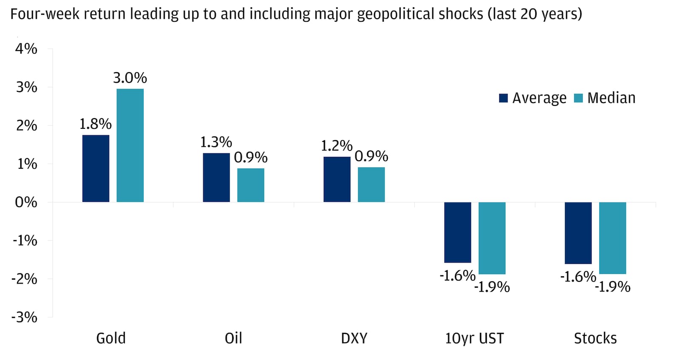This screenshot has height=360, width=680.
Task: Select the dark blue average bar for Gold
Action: click(96, 168)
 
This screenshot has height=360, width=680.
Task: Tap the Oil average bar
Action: click(216, 177)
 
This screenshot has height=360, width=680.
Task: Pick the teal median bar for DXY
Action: click(371, 184)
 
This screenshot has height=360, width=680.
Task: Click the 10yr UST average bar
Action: click(458, 232)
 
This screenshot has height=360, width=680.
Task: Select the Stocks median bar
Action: click(612, 238)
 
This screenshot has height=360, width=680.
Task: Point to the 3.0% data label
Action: click(130, 78)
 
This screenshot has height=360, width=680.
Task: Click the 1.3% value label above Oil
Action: click(216, 142)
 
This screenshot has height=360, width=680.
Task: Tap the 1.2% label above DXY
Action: click(337, 146)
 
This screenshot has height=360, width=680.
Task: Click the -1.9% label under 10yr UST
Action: click(492, 287)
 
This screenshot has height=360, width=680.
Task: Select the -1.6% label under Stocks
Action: click(578, 277)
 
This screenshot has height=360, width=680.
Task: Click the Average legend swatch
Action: click(503, 98)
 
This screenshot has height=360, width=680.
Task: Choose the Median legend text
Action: click(611, 98)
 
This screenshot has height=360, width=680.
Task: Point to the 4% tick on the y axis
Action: click(26, 49)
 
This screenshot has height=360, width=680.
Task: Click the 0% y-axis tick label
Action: click(26, 202)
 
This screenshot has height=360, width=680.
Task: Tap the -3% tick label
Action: click(25, 317)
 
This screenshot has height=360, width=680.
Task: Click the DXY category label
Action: click(354, 338)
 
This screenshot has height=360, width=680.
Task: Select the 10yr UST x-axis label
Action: click(474, 338)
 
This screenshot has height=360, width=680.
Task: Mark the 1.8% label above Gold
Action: click(96, 124)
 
